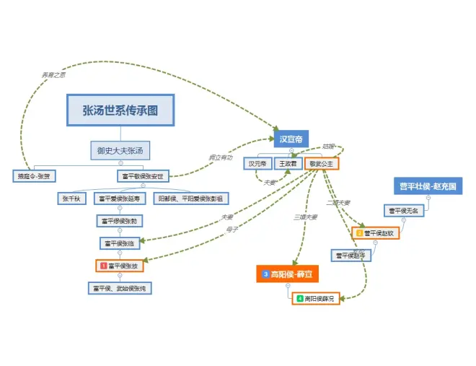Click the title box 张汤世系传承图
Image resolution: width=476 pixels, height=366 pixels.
point(120,110)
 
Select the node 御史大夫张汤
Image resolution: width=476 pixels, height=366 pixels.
point(120,151)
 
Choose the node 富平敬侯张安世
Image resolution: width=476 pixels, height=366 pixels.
point(143,175)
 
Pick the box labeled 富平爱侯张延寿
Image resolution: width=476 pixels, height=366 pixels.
point(120,198)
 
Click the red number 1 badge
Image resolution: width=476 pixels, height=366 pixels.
point(103,266)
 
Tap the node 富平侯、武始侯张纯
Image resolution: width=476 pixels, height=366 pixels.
point(120,288)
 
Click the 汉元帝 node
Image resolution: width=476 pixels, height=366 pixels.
point(257,164)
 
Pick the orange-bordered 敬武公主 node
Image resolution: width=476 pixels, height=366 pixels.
point(321,164)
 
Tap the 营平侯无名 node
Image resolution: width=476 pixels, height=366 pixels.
point(404,211)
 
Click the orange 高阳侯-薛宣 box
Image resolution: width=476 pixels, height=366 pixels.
point(288,274)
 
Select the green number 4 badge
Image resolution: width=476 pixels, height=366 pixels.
point(299,298)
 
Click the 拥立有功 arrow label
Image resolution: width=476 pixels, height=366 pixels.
point(221,157)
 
